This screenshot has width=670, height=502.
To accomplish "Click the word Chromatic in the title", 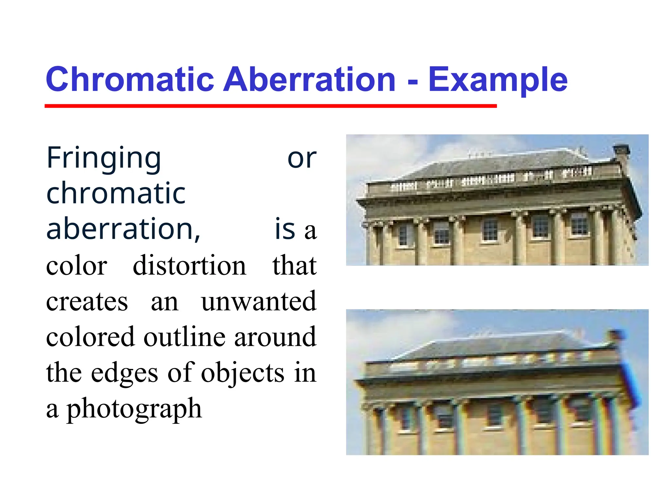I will pos(130,79).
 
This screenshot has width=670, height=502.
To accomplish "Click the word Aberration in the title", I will pos(309,79).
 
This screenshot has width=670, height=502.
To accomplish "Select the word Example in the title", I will pos(498,79).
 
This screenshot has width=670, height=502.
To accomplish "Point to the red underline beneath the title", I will pos(271,106).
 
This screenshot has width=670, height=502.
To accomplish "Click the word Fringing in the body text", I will pos(104,159).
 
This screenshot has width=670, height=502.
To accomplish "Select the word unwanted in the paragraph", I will pos(258,301).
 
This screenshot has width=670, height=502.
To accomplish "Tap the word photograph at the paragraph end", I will pos(134,409).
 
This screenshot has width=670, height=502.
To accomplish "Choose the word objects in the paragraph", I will pos(242,373).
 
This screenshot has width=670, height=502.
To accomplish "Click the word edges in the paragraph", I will pos(124,373).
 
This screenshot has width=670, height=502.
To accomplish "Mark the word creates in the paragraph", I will pos(87,301).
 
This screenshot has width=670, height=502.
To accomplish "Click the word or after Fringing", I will pos(302,159).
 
